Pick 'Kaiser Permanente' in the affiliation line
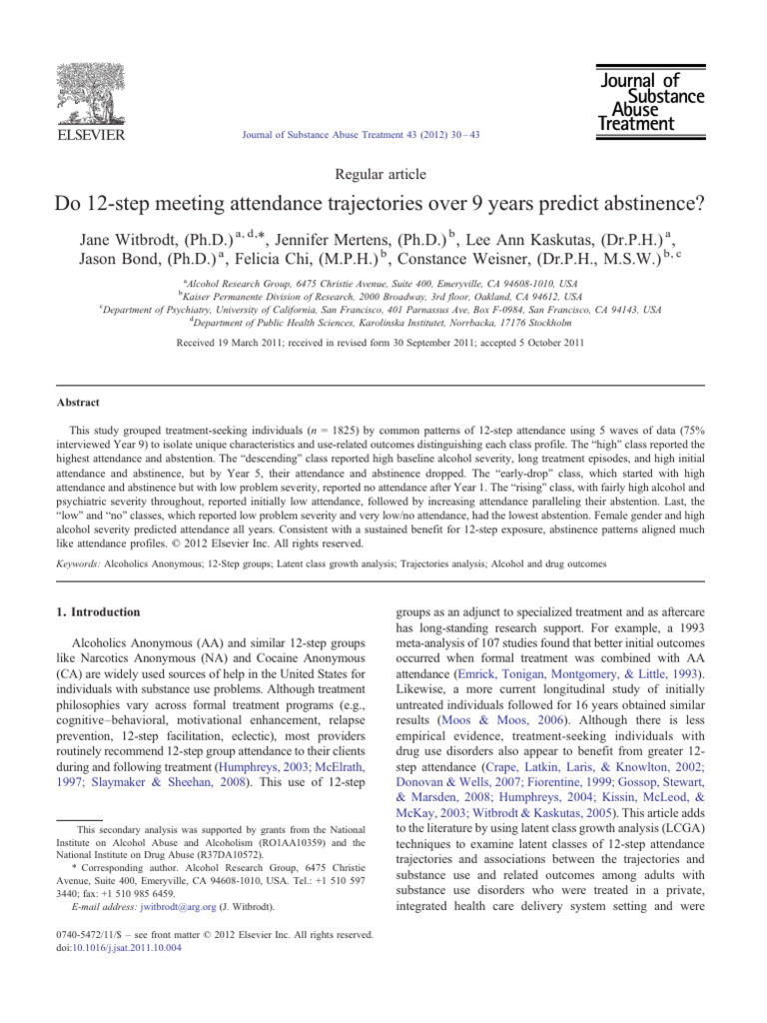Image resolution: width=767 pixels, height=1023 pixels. [x=224, y=297]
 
